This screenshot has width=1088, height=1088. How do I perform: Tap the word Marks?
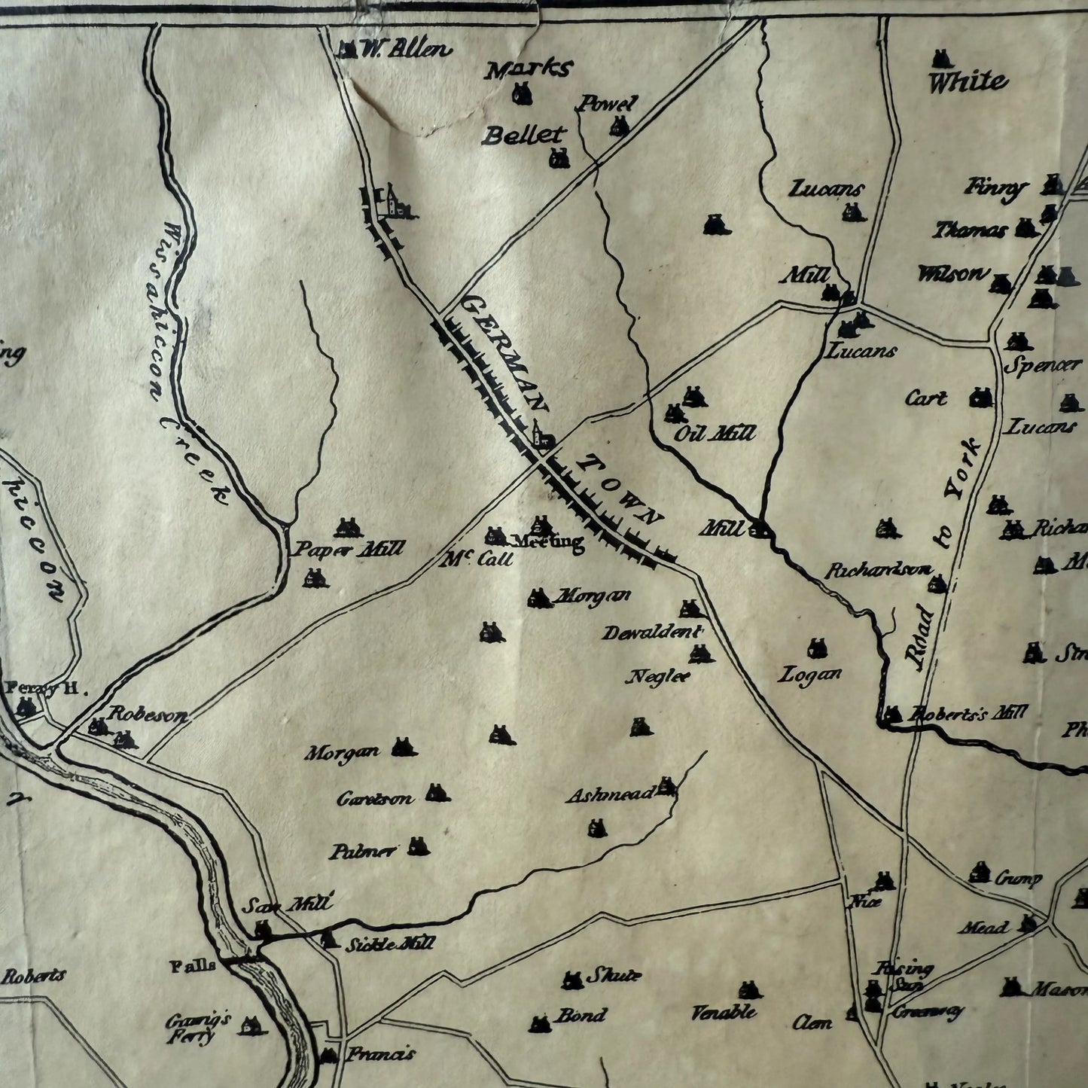[528, 70]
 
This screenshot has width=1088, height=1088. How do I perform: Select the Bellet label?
[523, 136]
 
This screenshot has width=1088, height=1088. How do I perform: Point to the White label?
[967, 81]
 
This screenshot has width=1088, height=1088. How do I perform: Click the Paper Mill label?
[349, 550]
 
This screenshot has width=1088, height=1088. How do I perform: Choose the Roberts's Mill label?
[967, 712]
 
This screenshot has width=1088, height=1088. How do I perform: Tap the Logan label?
[809, 675]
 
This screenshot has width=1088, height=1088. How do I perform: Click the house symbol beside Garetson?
[437, 792]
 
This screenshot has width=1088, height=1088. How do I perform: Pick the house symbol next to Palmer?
[418, 846]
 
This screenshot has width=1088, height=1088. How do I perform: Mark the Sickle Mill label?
[389, 943]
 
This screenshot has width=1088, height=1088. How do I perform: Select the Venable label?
[724, 1013]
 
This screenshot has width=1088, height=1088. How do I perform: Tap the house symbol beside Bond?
[540, 1023]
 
